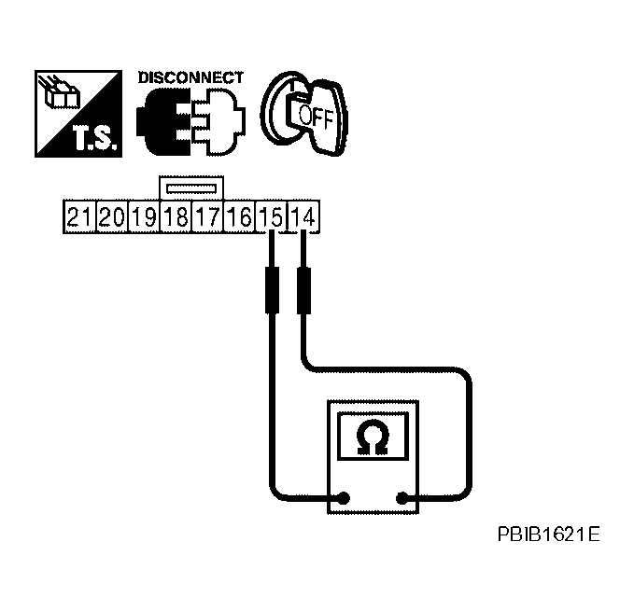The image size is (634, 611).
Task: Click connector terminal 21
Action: tap(79, 218)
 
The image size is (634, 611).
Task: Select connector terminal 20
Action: tap(111, 218)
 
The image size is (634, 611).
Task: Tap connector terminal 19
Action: tap(143, 218)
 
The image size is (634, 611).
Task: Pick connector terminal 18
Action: tap(176, 218)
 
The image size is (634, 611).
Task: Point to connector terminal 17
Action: tap(207, 218)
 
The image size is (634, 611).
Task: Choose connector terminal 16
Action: tap(239, 218)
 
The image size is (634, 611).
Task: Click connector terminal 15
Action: tap(271, 218)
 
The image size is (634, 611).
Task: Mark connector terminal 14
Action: tap(303, 218)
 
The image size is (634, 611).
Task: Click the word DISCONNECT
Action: tap(190, 77)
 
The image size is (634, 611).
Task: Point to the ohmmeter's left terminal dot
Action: tap(344, 499)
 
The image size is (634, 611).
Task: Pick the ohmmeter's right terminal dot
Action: tap(402, 499)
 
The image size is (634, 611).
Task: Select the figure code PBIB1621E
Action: tap(547, 536)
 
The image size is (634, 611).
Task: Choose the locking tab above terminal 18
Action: tap(190, 187)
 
